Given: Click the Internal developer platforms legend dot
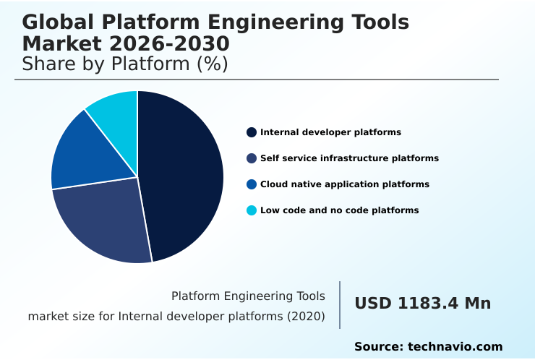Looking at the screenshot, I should (x=252, y=132).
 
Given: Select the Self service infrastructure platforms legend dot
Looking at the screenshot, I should (x=252, y=158).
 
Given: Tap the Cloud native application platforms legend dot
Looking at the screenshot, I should (x=252, y=184).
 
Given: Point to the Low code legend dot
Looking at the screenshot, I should (x=252, y=210).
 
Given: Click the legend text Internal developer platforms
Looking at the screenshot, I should (x=330, y=132).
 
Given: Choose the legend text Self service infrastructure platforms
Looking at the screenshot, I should (x=349, y=158).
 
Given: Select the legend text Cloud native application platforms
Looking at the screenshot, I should (x=345, y=184).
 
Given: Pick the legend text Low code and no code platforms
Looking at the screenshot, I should (x=339, y=210).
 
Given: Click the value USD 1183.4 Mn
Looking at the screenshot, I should (x=422, y=304).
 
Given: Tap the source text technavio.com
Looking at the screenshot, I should (x=455, y=347).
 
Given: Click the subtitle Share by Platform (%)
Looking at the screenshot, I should (x=125, y=64).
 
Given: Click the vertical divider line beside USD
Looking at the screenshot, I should (x=340, y=304).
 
